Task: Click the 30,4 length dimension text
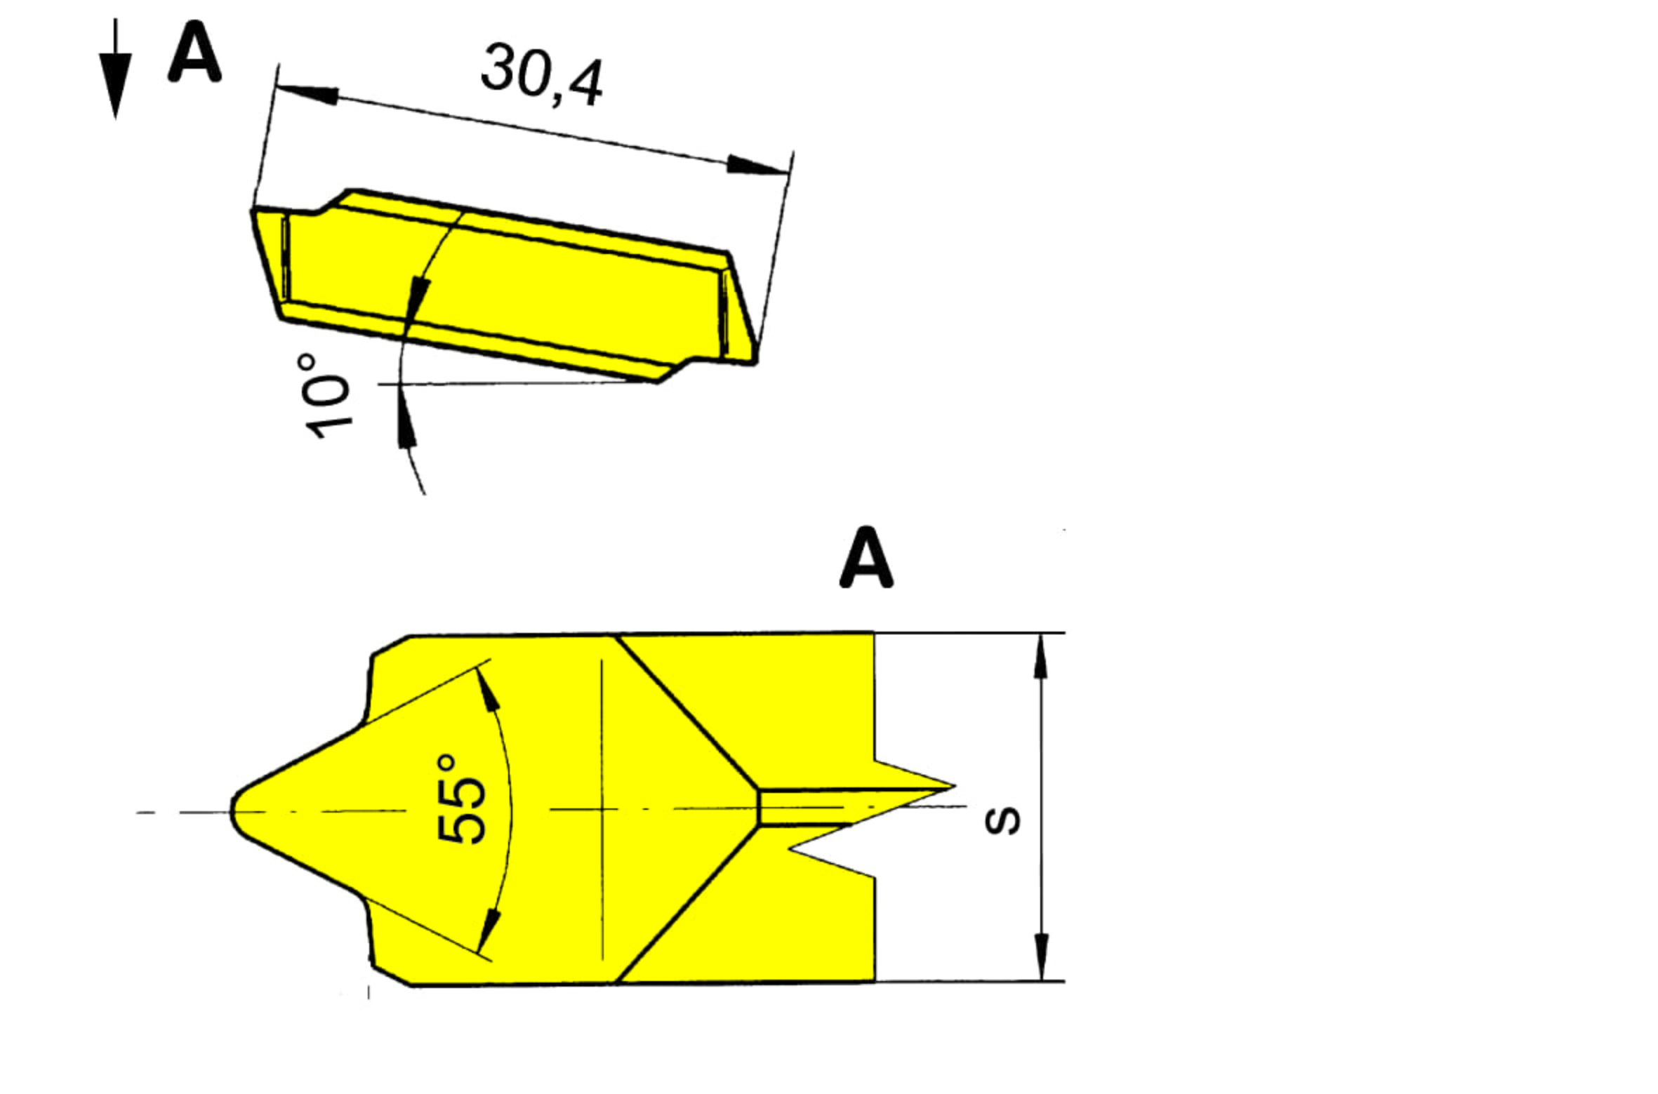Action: (541, 76)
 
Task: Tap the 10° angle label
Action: (327, 396)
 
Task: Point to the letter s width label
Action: (1002, 822)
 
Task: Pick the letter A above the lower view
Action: (866, 557)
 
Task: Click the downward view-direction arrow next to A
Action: (115, 69)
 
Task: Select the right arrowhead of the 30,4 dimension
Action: (757, 166)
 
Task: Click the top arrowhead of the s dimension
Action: (1041, 655)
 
